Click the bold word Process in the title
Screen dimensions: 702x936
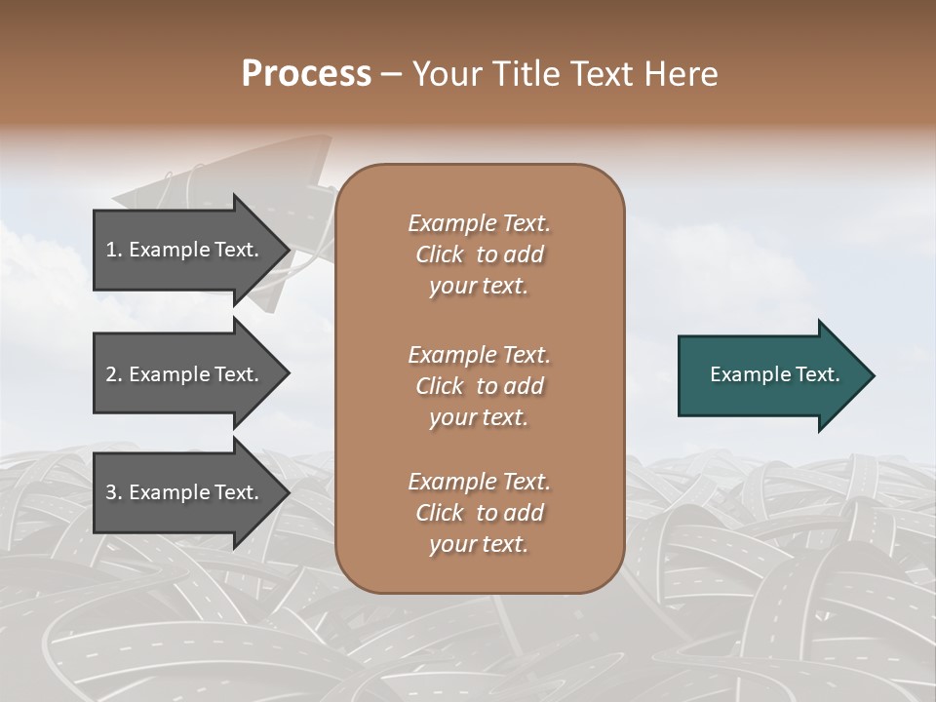306,74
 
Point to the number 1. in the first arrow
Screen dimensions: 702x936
114,250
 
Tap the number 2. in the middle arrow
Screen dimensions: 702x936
114,374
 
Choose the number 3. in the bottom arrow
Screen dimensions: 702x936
114,492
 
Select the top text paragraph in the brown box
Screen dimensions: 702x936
479,254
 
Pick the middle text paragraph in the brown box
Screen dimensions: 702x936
479,386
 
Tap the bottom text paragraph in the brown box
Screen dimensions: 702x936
479,513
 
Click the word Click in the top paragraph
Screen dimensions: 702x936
440,254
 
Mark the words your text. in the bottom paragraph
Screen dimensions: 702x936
479,545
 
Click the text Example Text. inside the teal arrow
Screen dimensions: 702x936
775,375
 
